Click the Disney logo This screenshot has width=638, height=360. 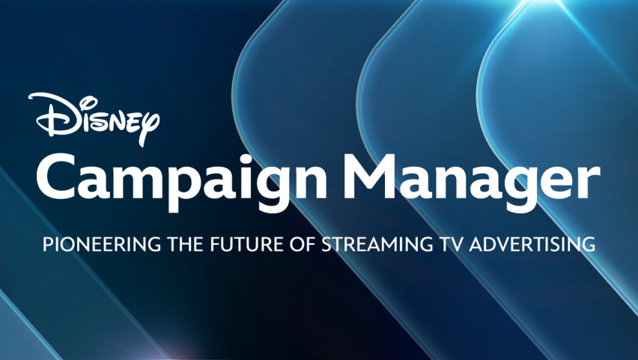tap(94, 119)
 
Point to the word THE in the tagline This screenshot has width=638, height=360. tap(185, 245)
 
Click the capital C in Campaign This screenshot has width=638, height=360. tap(57, 176)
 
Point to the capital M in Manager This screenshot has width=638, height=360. tap(370, 177)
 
